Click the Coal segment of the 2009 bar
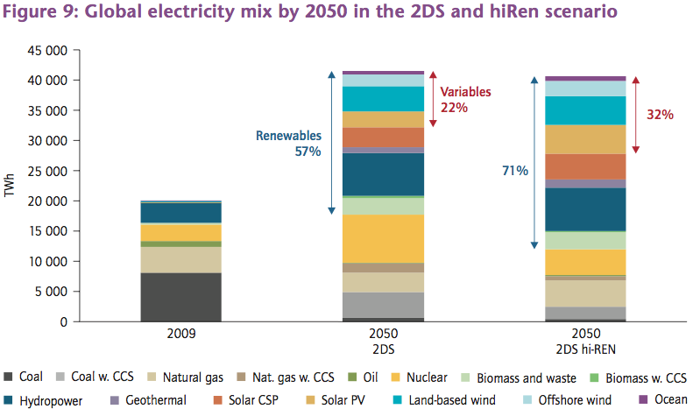180,297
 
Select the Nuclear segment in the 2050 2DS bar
383,238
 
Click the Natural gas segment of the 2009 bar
180,259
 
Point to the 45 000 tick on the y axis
44,50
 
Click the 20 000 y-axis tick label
44,201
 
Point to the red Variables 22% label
465,99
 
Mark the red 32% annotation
659,115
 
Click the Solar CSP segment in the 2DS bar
383,138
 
